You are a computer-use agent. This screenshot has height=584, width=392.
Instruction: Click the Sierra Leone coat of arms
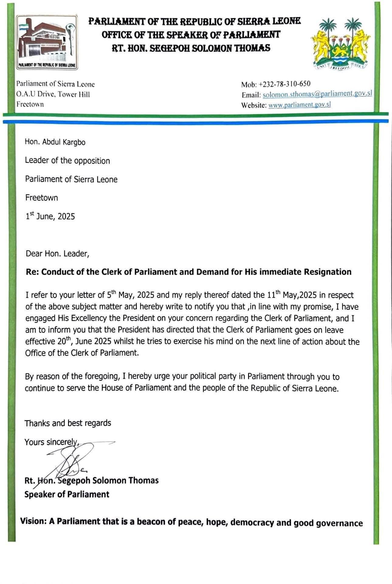[x=339, y=44]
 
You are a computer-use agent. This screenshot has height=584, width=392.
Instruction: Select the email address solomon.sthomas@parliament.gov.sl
[x=317, y=94]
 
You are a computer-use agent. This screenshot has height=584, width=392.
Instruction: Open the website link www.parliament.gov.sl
[x=299, y=105]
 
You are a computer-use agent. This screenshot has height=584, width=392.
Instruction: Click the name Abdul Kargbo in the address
[x=64, y=142]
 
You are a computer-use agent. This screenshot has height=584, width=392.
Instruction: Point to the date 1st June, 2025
[x=50, y=216]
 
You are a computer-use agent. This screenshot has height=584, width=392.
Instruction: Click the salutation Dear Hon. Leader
[x=57, y=254]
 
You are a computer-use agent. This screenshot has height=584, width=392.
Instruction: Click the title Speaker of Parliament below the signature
[x=67, y=494]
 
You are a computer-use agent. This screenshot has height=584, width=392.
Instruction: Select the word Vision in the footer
[x=33, y=521]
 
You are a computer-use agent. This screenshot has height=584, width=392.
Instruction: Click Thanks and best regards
[x=68, y=423]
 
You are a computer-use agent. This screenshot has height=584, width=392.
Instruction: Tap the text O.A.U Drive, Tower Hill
[x=53, y=94]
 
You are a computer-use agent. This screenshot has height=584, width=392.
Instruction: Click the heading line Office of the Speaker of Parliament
[x=191, y=34]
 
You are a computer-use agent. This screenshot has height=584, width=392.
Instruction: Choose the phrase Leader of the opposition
[x=67, y=161]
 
